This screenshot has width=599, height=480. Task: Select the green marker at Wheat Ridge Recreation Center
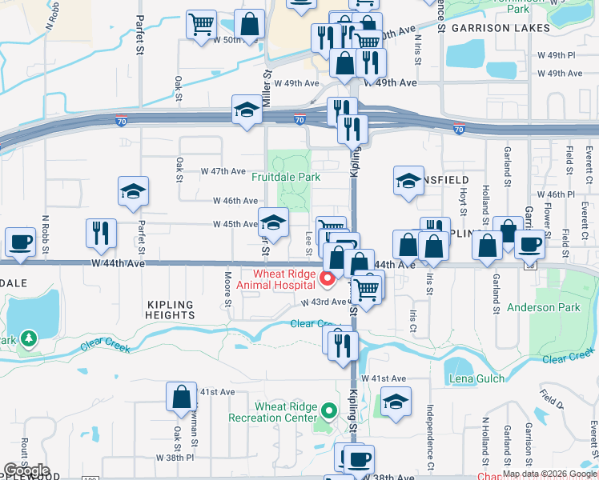(x=328, y=412)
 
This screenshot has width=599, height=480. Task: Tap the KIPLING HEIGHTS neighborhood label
(x=171, y=310)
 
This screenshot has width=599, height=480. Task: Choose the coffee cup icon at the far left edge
(x=20, y=241)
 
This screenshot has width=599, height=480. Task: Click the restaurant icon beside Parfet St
(x=101, y=233)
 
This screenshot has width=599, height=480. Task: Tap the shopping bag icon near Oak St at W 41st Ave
(x=182, y=396)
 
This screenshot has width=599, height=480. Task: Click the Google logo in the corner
(x=26, y=470)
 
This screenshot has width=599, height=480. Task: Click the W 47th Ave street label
(x=223, y=171)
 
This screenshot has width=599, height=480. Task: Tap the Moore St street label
(x=228, y=289)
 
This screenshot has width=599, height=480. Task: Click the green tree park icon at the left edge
(x=30, y=339)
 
